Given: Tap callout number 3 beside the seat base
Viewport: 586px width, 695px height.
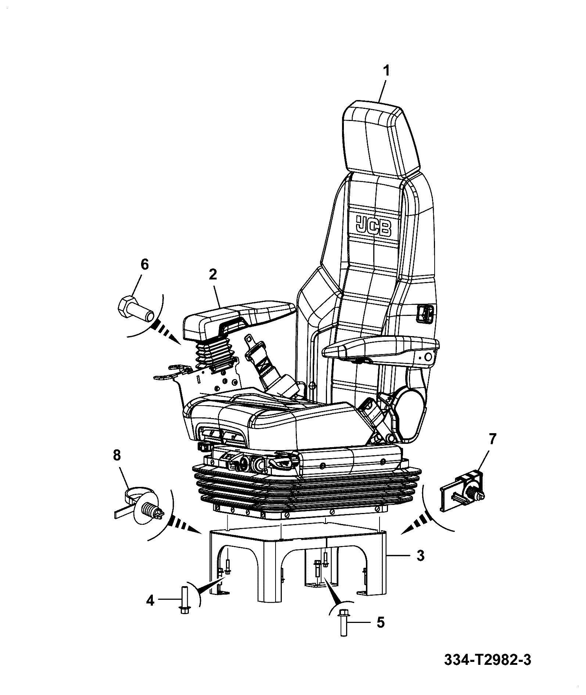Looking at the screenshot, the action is coord(421,555).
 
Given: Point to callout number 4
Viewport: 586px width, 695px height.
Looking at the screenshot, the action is coord(150,601).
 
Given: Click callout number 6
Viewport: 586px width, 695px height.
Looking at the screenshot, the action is coord(145,264).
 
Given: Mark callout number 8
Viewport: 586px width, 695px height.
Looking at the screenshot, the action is coord(116,456).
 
